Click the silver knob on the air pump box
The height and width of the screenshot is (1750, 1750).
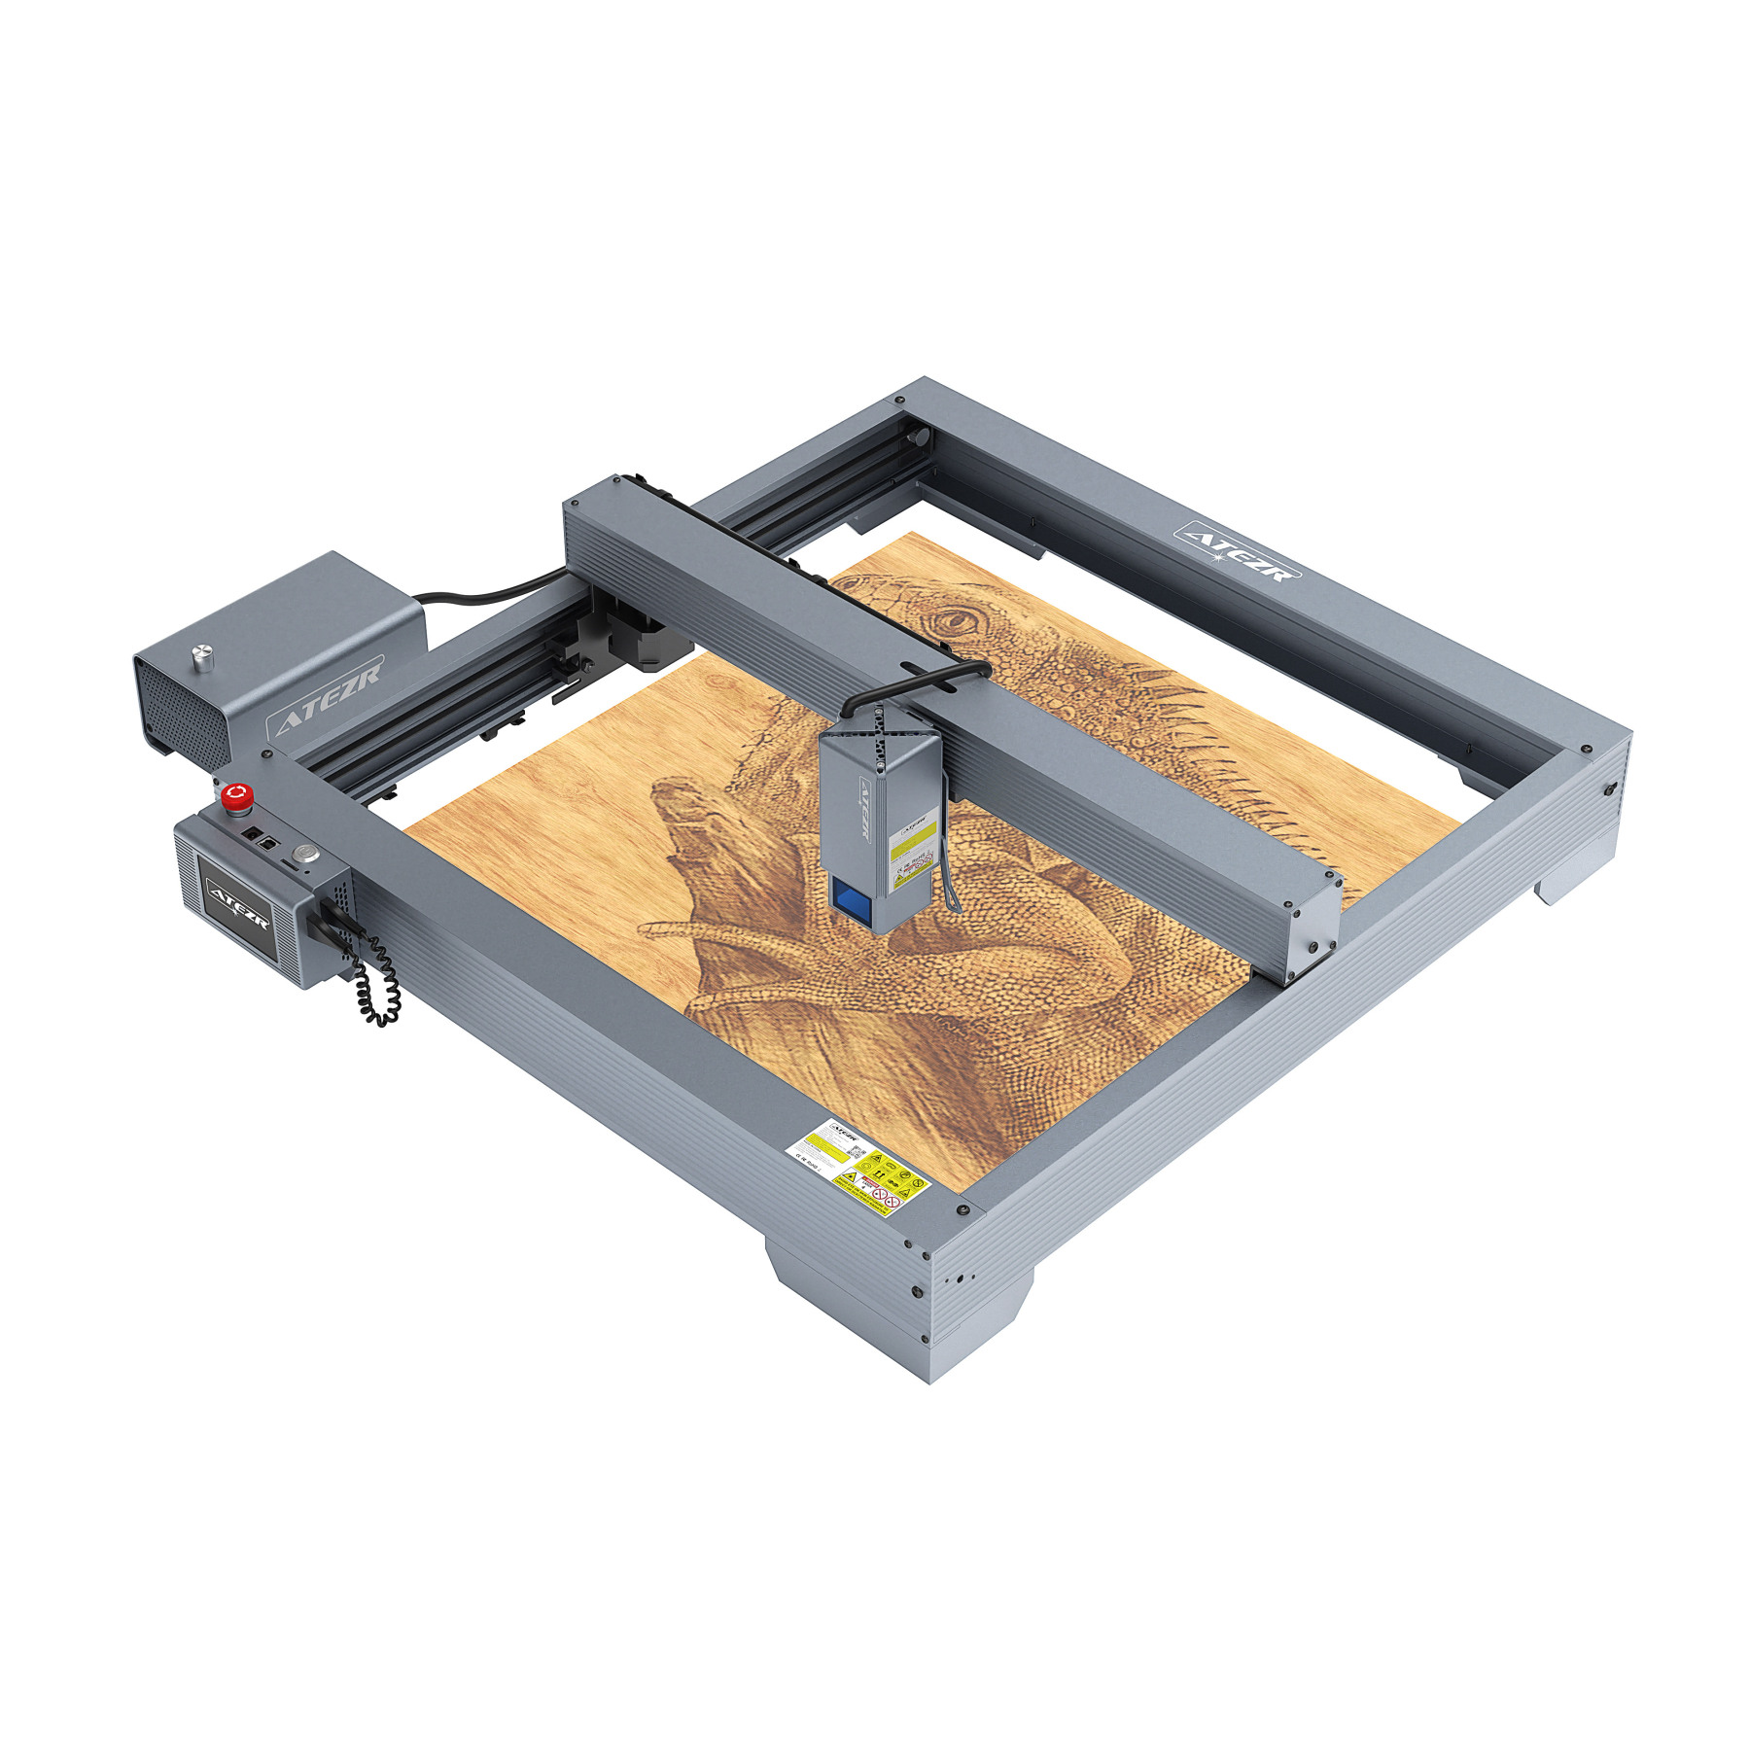[x=202, y=650]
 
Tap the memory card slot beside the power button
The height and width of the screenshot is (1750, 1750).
[x=290, y=862]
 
